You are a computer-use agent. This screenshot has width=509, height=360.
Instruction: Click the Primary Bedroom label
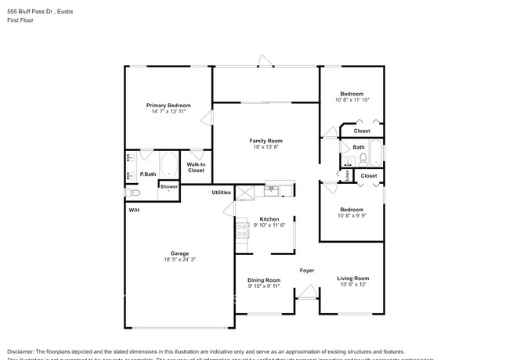[x=168, y=105]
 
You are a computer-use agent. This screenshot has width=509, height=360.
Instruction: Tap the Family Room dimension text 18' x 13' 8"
[x=265, y=147]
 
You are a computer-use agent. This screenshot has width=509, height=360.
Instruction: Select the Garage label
[x=179, y=253]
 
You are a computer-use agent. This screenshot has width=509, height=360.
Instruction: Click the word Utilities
[x=222, y=192]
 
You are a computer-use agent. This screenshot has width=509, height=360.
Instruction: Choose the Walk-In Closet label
[x=196, y=167]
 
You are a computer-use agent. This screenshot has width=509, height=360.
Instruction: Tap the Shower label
[x=169, y=186]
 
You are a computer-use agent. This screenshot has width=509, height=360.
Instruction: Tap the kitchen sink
[x=273, y=189]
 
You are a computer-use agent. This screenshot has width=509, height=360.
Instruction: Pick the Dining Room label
[x=264, y=279]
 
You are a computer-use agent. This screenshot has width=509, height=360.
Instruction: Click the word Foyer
[x=306, y=271]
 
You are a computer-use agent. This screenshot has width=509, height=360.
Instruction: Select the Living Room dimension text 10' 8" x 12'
[x=352, y=285]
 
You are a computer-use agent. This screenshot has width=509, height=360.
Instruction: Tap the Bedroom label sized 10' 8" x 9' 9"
[x=351, y=209]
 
